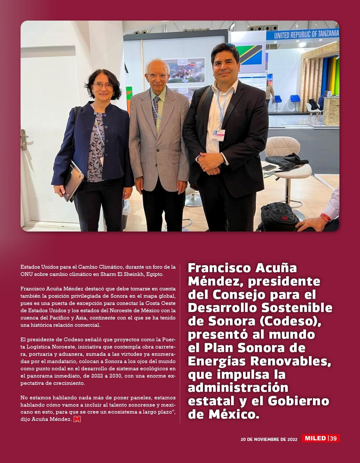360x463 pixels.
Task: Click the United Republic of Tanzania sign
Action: pyautogui.click(x=306, y=35)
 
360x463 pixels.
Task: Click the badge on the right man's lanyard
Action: pyautogui.click(x=218, y=134)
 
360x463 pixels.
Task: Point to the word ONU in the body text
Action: pyautogui.click(x=26, y=274)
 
